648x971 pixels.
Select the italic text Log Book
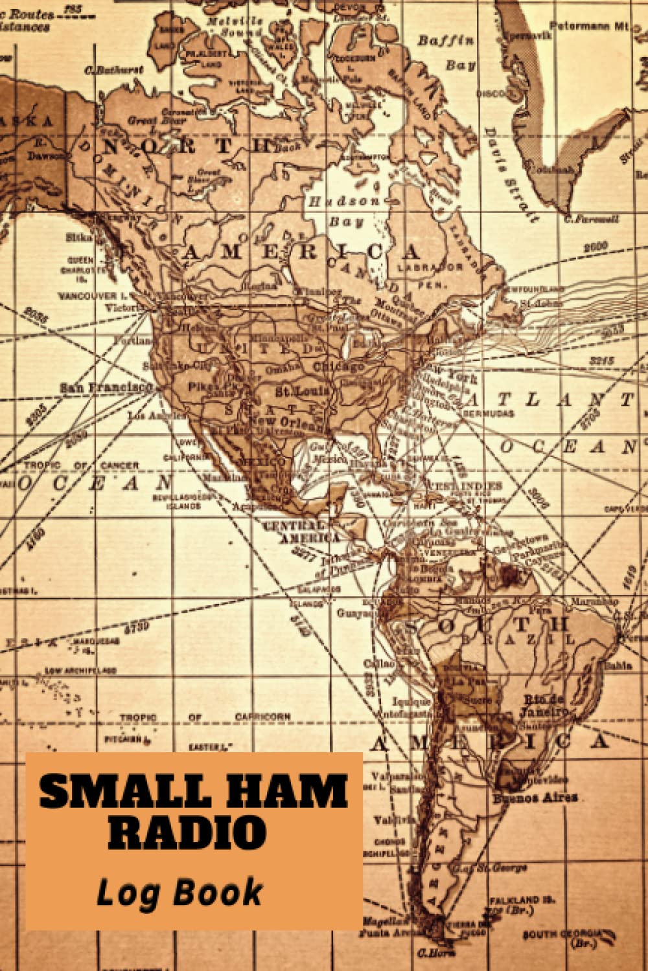[x=179, y=893]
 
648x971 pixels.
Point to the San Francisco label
[x=106, y=387]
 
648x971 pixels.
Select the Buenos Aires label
[x=535, y=798]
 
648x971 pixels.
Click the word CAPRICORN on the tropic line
[x=262, y=717]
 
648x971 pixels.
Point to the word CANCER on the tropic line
[x=119, y=465]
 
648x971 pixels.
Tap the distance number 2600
[x=595, y=247]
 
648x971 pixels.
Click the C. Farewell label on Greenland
[x=591, y=219]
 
